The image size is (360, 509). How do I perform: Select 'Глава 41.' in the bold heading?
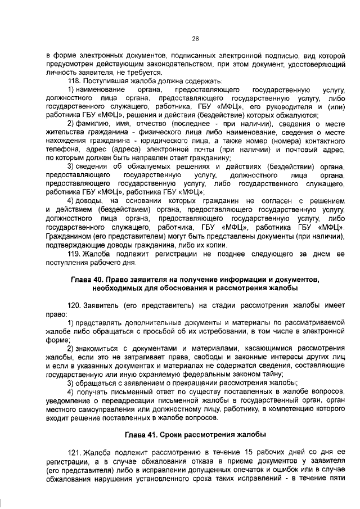140,436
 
